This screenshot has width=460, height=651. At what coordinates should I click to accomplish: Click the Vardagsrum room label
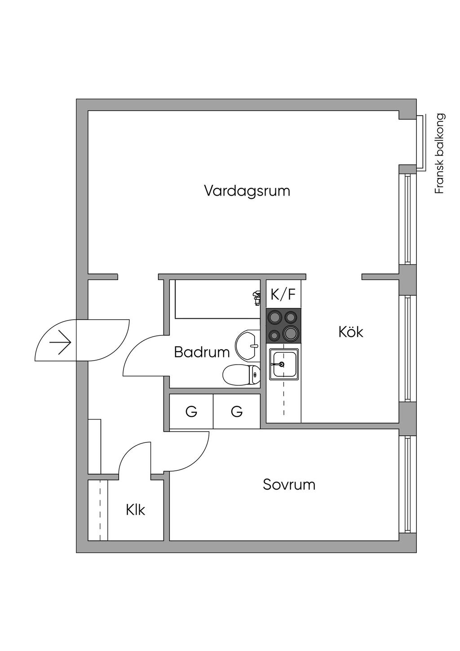247,191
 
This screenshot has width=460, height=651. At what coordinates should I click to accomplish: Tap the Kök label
351,332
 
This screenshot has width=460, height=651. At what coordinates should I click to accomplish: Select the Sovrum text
289,485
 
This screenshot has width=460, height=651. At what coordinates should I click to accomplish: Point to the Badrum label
202,352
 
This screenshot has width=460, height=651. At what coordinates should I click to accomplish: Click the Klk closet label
136,510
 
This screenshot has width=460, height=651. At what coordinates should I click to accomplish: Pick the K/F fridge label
283,295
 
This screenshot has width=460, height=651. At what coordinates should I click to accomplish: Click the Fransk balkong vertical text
439,153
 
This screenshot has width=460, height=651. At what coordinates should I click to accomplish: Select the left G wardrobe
191,411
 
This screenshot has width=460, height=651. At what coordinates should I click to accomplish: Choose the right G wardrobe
237,411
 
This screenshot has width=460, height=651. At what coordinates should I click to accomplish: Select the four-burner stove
283,325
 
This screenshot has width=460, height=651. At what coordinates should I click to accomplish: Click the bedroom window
407,483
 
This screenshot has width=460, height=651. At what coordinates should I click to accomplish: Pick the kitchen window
407,348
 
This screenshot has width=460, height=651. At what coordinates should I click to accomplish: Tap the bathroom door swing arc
135,355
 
